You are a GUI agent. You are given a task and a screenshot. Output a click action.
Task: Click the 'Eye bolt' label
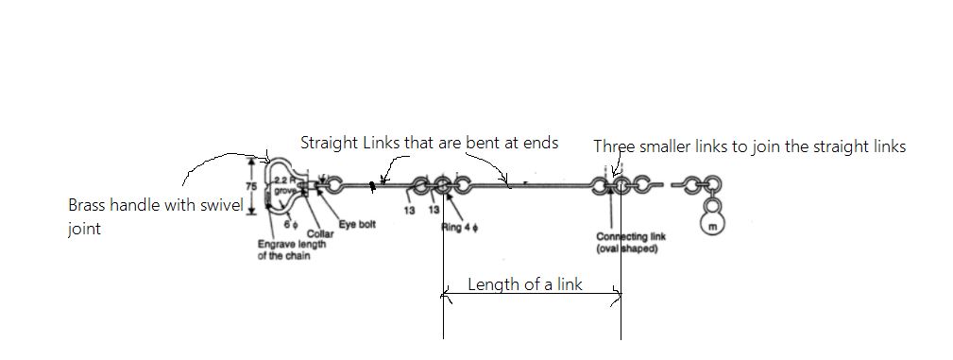(357, 225)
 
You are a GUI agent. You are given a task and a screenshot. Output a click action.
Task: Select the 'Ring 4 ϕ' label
(458, 227)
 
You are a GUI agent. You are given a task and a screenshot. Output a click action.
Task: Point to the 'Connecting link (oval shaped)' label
(626, 243)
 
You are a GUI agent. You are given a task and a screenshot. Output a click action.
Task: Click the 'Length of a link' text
(525, 284)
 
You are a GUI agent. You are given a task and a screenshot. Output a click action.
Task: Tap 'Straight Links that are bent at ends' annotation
(429, 143)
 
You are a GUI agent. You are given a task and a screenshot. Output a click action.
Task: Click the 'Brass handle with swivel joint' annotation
(156, 216)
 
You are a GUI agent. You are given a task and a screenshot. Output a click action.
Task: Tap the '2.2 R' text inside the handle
(284, 180)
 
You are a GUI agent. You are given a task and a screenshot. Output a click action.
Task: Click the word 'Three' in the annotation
(613, 146)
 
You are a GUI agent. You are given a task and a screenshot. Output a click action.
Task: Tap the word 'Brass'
(87, 205)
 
